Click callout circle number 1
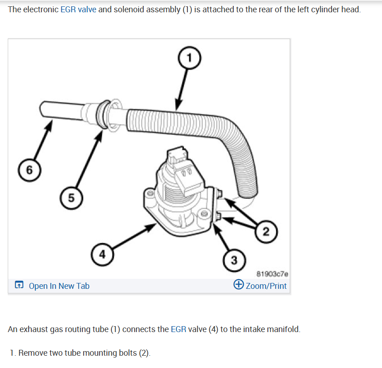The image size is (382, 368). point(190,58)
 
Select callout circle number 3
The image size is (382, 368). point(234,260)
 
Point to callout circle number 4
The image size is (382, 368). point(102,254)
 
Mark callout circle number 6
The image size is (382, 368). point(29,170)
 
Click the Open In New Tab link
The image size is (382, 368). point(59,286)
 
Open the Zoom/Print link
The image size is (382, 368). point(266,286)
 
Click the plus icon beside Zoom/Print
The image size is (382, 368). point(238,285)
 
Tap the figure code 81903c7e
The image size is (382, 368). point(272,274)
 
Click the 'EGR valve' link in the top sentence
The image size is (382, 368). point(78,10)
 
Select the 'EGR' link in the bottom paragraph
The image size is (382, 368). point(178,329)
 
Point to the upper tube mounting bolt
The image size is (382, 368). point(221,195)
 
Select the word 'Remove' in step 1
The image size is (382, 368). point(32,353)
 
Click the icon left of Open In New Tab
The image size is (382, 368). point(19,286)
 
